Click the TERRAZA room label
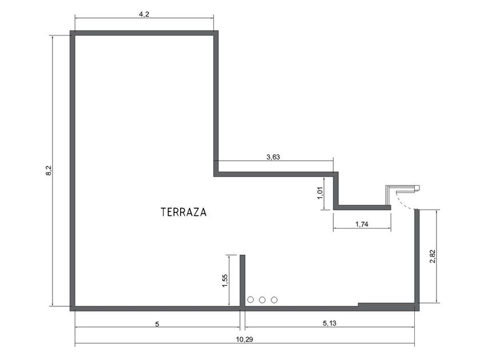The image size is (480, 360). tap(183, 212)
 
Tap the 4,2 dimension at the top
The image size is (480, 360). tap(144, 14)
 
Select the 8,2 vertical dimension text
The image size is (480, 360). tap(49, 170)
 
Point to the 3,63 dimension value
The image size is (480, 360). tap(273, 157)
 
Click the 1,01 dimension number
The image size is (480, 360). tap(320, 193)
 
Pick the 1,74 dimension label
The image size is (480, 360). tap(362, 225)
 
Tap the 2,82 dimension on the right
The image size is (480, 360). tap(433, 257)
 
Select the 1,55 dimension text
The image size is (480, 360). tap(225, 281)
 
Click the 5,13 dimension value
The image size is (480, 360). tap(329, 323)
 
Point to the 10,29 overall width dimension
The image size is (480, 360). tap(245, 339)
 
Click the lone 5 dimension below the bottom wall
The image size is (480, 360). tap(157, 324)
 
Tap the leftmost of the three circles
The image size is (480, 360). tap(250, 299)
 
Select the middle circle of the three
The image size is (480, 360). tap(262, 299)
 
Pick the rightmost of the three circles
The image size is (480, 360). tap(274, 299)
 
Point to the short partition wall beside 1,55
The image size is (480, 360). tap(242, 281)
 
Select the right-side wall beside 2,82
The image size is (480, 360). tap(417, 257)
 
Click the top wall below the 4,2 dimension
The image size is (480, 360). tap(144, 33)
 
